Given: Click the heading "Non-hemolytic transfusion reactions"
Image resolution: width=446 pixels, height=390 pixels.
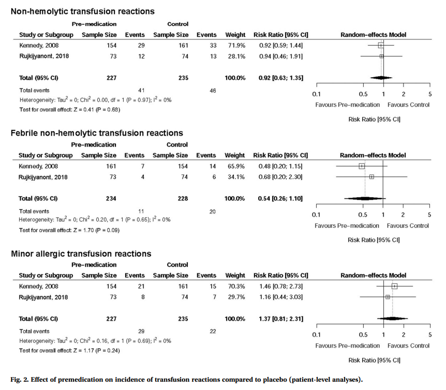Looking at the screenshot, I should point(83,11).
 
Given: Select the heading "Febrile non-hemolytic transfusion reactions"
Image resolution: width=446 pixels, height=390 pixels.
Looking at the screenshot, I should point(97,133).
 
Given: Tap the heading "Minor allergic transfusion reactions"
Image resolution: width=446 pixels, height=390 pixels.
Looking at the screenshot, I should point(81,254).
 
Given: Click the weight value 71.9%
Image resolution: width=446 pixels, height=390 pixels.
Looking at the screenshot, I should point(235,46).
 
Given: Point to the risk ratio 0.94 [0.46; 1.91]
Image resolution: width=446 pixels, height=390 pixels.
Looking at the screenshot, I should point(280,56).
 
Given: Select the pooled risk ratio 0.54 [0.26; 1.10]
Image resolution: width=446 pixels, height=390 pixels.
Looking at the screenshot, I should point(280,198).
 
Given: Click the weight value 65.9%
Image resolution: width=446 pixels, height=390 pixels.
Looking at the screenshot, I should point(235,166).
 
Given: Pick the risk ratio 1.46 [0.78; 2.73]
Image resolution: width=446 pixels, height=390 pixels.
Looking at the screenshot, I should point(280,286).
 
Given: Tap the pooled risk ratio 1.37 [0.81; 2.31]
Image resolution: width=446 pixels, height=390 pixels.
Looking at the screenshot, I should point(280,319).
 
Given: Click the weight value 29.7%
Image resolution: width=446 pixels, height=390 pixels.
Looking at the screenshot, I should point(235,297).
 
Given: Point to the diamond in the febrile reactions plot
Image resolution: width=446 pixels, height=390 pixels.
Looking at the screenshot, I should point(365,198).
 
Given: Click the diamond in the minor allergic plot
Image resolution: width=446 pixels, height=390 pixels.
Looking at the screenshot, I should point(393,319).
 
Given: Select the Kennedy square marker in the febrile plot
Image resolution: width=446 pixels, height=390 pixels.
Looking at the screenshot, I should point(362,166).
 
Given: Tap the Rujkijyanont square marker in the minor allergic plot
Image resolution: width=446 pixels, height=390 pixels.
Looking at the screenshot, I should point(388,297).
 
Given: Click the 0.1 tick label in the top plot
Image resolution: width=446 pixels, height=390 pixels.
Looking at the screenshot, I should point(317,94).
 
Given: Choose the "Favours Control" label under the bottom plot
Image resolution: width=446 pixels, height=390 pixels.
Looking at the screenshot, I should point(408,345).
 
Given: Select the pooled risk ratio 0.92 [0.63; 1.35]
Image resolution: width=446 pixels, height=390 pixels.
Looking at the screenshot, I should point(280,78).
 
